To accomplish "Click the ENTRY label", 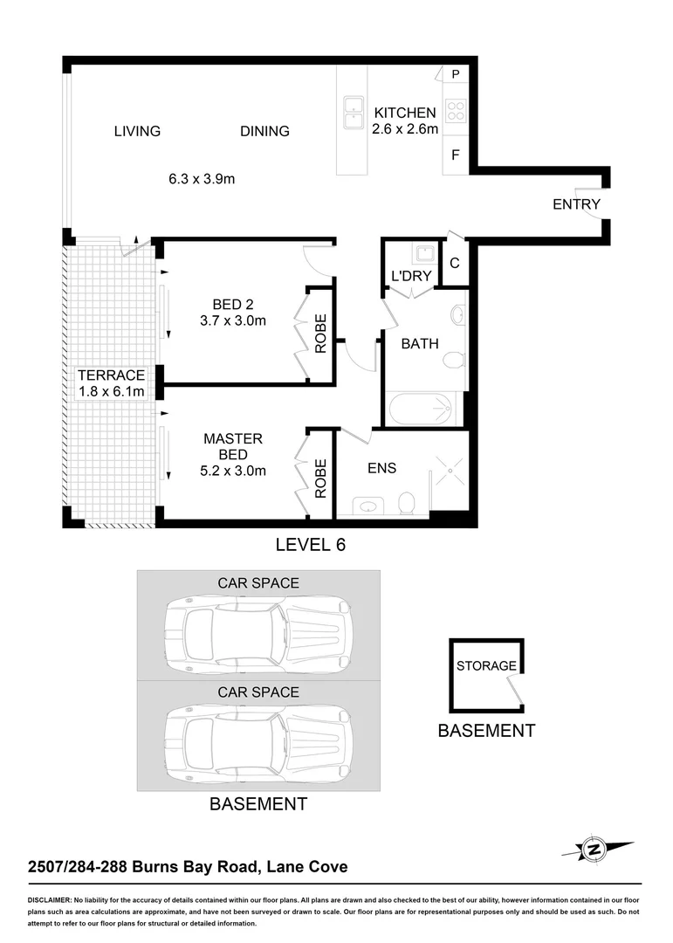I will coord(576,204).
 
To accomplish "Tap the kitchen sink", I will coord(354,113).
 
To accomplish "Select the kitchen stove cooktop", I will coord(456,112).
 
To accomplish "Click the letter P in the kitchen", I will coord(455,75).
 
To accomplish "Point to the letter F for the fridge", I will coord(456,155).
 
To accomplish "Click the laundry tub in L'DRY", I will coord(425,254).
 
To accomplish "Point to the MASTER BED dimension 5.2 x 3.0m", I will coord(232,471).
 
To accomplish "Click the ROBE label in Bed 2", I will coord(320,334).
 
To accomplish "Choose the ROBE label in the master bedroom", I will coord(320,478).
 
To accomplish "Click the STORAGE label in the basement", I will coord(486,665).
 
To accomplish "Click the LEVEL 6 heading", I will coord(311,545).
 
